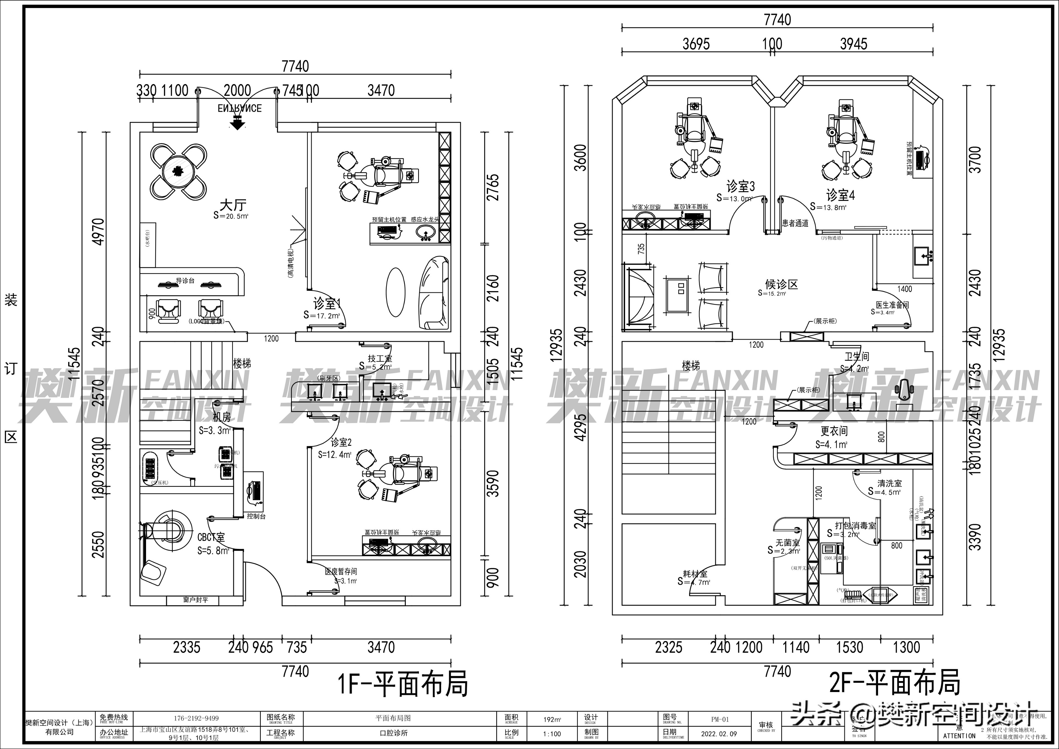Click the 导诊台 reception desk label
click(185, 280)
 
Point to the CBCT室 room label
click(211, 537)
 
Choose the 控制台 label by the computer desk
click(256, 516)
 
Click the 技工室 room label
click(380, 358)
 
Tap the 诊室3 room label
click(740, 187)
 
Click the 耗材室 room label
click(695, 574)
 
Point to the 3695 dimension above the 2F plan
click(696, 44)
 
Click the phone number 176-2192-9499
click(196, 718)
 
